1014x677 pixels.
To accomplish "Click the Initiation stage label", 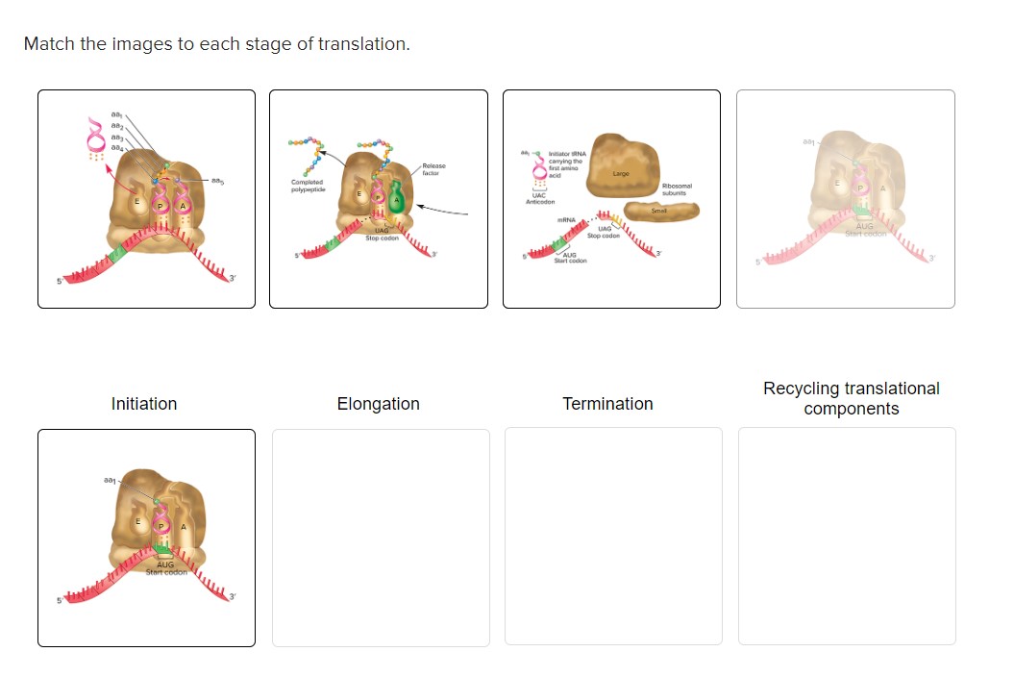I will click(x=144, y=404).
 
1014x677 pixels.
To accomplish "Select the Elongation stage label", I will click(x=378, y=404).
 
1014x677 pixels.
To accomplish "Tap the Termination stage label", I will click(x=607, y=404).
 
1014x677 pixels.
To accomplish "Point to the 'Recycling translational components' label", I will click(x=851, y=398).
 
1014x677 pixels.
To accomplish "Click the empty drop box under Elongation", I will click(x=381, y=537).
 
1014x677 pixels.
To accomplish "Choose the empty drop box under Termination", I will click(x=613, y=537).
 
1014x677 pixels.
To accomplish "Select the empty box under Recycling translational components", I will click(x=847, y=537).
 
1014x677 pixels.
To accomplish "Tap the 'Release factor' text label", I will click(x=433, y=169).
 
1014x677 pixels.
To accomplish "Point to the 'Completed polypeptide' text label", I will click(x=307, y=185).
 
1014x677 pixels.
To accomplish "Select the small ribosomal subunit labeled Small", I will click(x=660, y=210).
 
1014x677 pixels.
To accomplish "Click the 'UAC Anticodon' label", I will click(x=540, y=199).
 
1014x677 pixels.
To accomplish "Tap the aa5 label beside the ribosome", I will click(x=219, y=181).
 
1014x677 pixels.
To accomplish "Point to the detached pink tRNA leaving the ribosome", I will click(x=95, y=137).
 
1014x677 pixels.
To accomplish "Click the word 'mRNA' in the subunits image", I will click(x=567, y=220).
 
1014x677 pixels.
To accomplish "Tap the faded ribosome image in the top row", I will click(x=846, y=199).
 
